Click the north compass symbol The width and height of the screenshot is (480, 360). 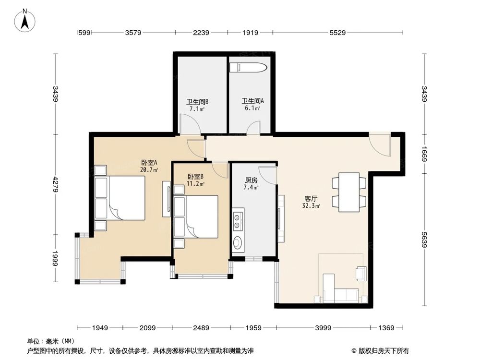[25, 21]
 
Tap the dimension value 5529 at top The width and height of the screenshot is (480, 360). [337, 33]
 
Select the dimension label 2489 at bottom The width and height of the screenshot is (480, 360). [201, 328]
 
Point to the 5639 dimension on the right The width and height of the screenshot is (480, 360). [424, 240]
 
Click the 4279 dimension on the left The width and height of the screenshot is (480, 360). [55, 184]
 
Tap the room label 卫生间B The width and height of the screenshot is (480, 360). [197, 102]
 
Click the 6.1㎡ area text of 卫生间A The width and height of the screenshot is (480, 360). [252, 108]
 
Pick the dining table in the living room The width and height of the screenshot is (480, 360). [349, 192]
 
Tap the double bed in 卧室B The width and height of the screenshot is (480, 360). [196, 217]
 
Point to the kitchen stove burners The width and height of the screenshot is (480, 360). [237, 222]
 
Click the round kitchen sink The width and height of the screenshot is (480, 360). [237, 243]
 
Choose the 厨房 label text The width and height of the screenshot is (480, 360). [251, 180]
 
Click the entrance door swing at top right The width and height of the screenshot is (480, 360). [380, 144]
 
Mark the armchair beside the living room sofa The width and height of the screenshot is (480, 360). [361, 274]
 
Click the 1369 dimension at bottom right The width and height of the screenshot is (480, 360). [386, 328]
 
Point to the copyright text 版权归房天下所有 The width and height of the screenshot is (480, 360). [384, 351]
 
